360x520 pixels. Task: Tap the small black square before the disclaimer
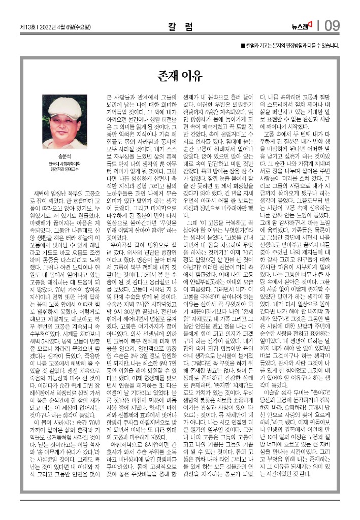coord(243,46)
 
